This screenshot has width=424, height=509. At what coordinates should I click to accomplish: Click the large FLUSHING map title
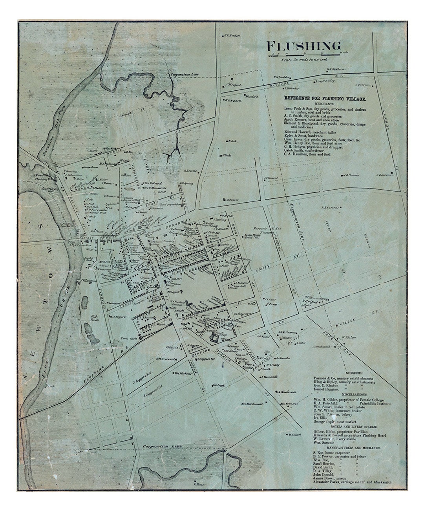pyautogui.click(x=303, y=46)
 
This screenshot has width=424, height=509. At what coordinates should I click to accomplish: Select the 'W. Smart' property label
pyautogui.click(x=294, y=434)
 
